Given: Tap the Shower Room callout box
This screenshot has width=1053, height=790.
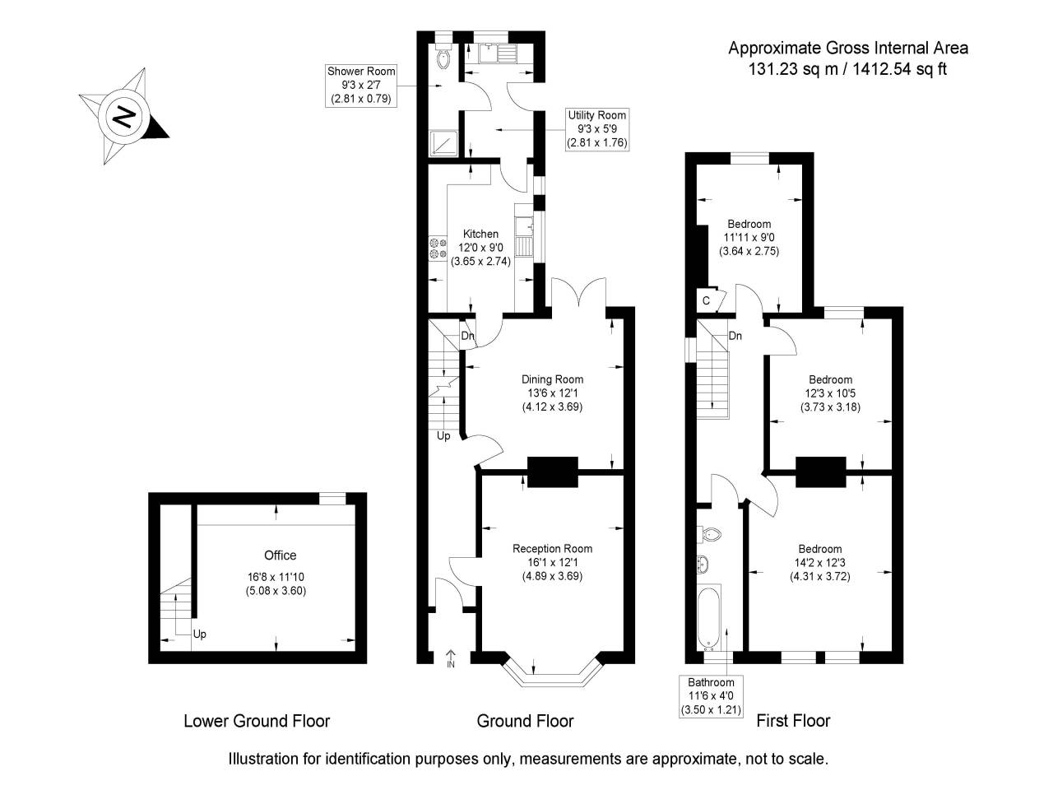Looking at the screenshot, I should (x=360, y=85).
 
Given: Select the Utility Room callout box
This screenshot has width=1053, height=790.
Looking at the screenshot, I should (x=596, y=129).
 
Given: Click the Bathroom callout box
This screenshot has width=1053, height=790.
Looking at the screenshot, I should (x=711, y=695).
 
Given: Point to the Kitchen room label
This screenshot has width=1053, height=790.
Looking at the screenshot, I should (x=480, y=235).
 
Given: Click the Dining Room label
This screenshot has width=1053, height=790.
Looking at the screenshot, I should (x=552, y=379).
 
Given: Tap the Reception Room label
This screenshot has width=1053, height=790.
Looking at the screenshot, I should (x=552, y=549).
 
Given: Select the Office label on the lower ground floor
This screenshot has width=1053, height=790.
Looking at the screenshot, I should (x=280, y=555).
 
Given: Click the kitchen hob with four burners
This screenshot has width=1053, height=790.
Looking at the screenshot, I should (x=436, y=249).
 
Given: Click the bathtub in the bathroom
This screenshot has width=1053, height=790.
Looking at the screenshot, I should (x=708, y=617).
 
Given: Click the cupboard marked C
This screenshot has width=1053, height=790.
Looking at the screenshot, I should (x=707, y=301).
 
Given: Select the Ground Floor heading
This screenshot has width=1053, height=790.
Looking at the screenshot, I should (x=525, y=721).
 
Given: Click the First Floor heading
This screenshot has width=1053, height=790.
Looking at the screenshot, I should (x=793, y=721).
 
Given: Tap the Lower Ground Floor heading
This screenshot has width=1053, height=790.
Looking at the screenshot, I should (x=256, y=721).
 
